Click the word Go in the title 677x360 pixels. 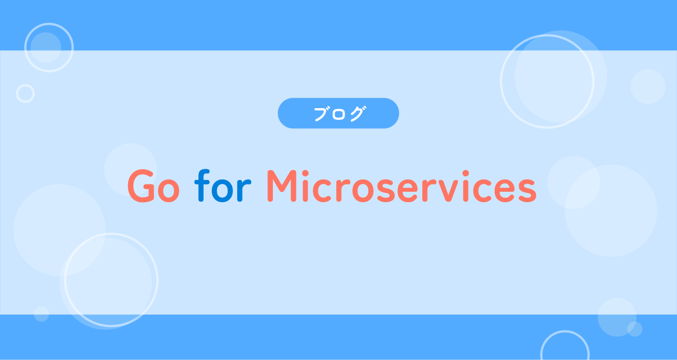[x=154, y=186]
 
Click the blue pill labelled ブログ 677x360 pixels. [x=338, y=113]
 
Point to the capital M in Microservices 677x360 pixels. [x=281, y=186]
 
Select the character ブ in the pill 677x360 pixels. [x=321, y=114]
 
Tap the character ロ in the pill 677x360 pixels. [x=338, y=114]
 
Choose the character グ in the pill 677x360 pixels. [x=357, y=114]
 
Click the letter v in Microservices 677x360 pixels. [x=448, y=190]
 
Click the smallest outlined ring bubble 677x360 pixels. [x=25, y=94]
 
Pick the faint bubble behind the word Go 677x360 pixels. [x=130, y=169]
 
